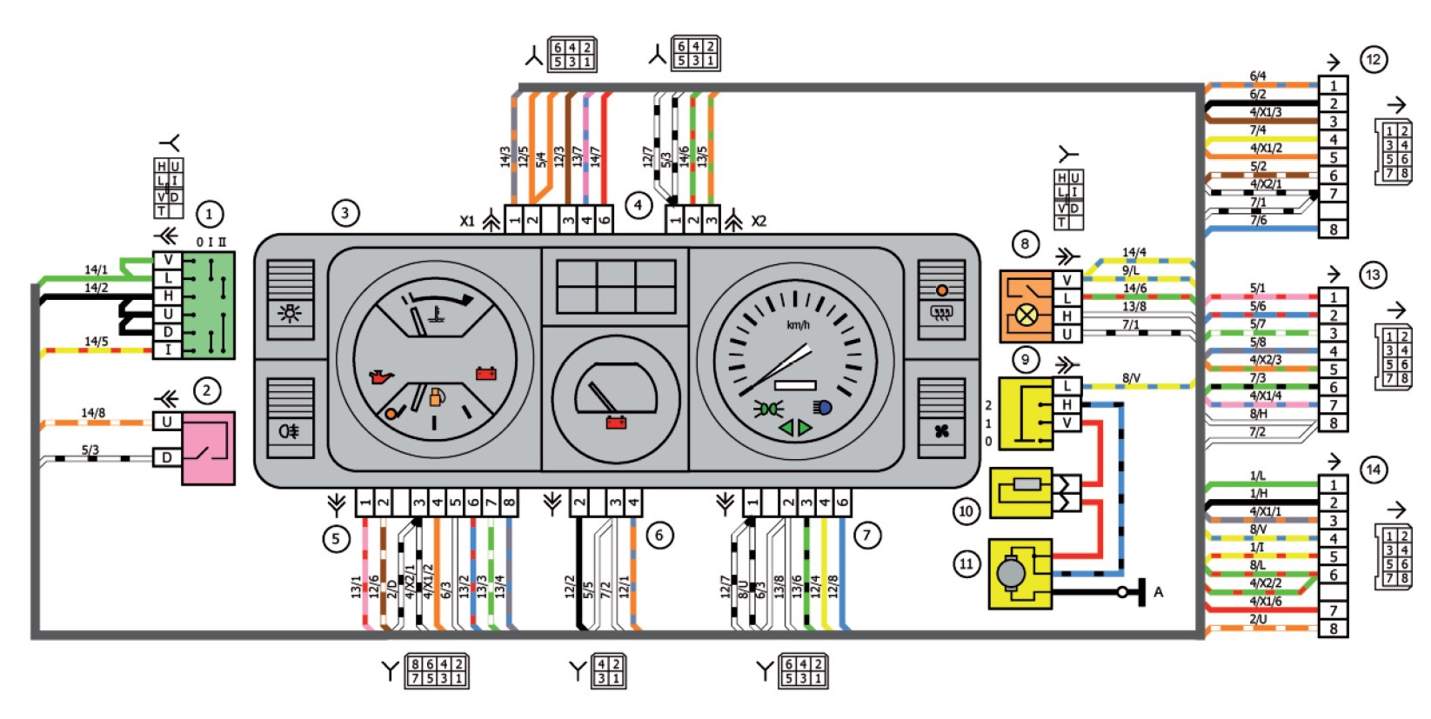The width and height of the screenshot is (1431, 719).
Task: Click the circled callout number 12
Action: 1373,60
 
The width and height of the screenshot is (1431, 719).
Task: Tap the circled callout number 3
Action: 345,213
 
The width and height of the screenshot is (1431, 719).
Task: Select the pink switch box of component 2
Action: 208,448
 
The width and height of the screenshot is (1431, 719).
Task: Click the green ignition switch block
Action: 210,305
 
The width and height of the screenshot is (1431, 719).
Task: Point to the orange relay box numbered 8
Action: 1026,306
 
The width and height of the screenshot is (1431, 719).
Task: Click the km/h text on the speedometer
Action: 798,325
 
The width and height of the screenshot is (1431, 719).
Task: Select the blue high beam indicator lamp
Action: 822,407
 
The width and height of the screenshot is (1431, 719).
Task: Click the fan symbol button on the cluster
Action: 941,430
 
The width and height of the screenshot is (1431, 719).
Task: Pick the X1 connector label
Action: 468,222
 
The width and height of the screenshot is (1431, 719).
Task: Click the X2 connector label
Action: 759,222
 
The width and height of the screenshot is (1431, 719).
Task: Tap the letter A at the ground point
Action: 1158,592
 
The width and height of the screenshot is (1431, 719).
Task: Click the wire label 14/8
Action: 93,413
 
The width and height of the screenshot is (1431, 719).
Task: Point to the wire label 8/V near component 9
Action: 1131,378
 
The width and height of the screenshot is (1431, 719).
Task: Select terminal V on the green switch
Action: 168,260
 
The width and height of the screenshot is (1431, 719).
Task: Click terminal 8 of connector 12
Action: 1333,230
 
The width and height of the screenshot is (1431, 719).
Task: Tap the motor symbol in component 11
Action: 1011,572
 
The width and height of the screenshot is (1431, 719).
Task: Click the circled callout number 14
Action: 1373,470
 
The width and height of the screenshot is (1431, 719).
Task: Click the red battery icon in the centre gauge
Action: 616,423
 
